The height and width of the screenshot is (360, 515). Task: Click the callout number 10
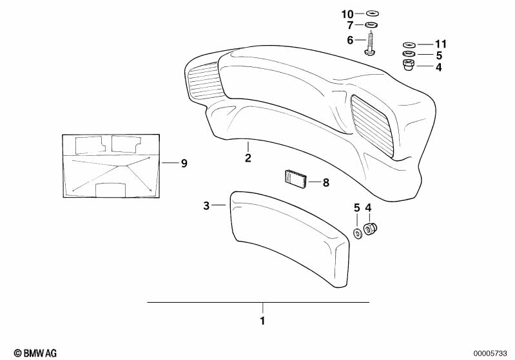point(347,14)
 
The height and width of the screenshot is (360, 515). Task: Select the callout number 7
point(350,25)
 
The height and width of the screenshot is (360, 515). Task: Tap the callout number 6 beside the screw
point(350,40)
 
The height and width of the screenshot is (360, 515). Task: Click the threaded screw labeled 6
point(371,43)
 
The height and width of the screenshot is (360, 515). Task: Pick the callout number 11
point(441,44)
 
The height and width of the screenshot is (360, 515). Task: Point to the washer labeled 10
point(372,14)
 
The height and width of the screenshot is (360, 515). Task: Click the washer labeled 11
point(409,44)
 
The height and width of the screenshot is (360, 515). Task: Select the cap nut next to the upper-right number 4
point(409,64)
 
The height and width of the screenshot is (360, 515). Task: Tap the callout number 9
point(184,163)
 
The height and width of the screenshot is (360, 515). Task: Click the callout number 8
point(326,182)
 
